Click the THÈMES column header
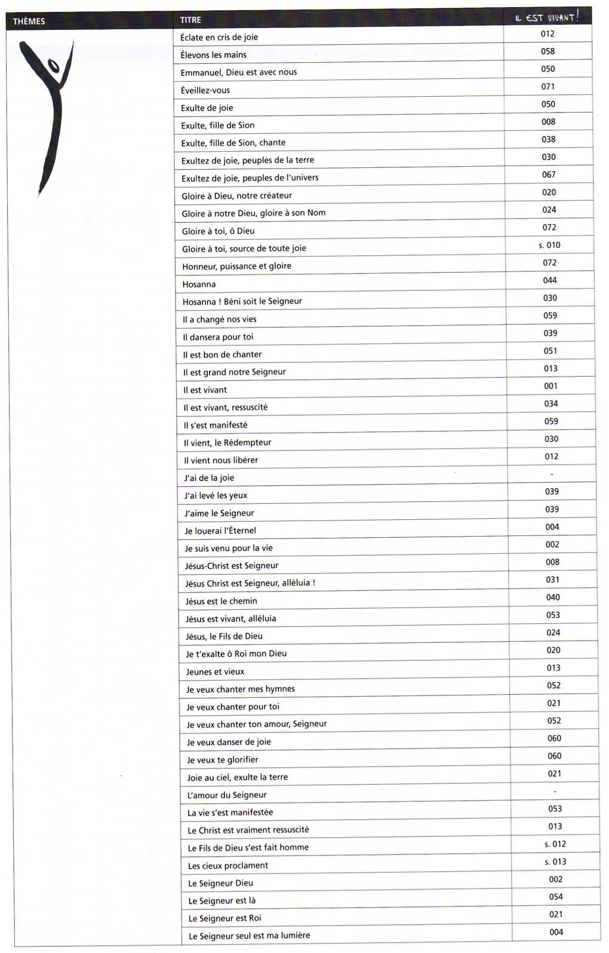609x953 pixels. coord(29,22)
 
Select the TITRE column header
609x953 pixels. coord(190,20)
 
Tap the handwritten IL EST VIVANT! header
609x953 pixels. coord(546,17)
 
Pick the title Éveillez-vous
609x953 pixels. coord(205,90)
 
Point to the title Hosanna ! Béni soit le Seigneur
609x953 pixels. coord(242,301)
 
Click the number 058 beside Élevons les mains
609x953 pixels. coord(548,51)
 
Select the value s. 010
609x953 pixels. coord(549,245)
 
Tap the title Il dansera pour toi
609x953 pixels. coord(218,337)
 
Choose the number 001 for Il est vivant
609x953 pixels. coord(550,386)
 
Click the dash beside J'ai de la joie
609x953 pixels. coord(552,474)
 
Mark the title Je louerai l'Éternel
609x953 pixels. coord(220,531)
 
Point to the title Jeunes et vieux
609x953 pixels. coord(215,672)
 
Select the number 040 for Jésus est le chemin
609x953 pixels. coord(553,597)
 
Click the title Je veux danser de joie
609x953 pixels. coord(229,742)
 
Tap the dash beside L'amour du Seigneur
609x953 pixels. coord(555,792)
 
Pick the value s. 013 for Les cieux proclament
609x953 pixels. coord(555,862)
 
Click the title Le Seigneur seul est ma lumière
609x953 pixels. coord(249,936)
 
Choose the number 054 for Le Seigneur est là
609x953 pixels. coord(556,897)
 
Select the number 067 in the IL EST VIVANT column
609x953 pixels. coord(549,174)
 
